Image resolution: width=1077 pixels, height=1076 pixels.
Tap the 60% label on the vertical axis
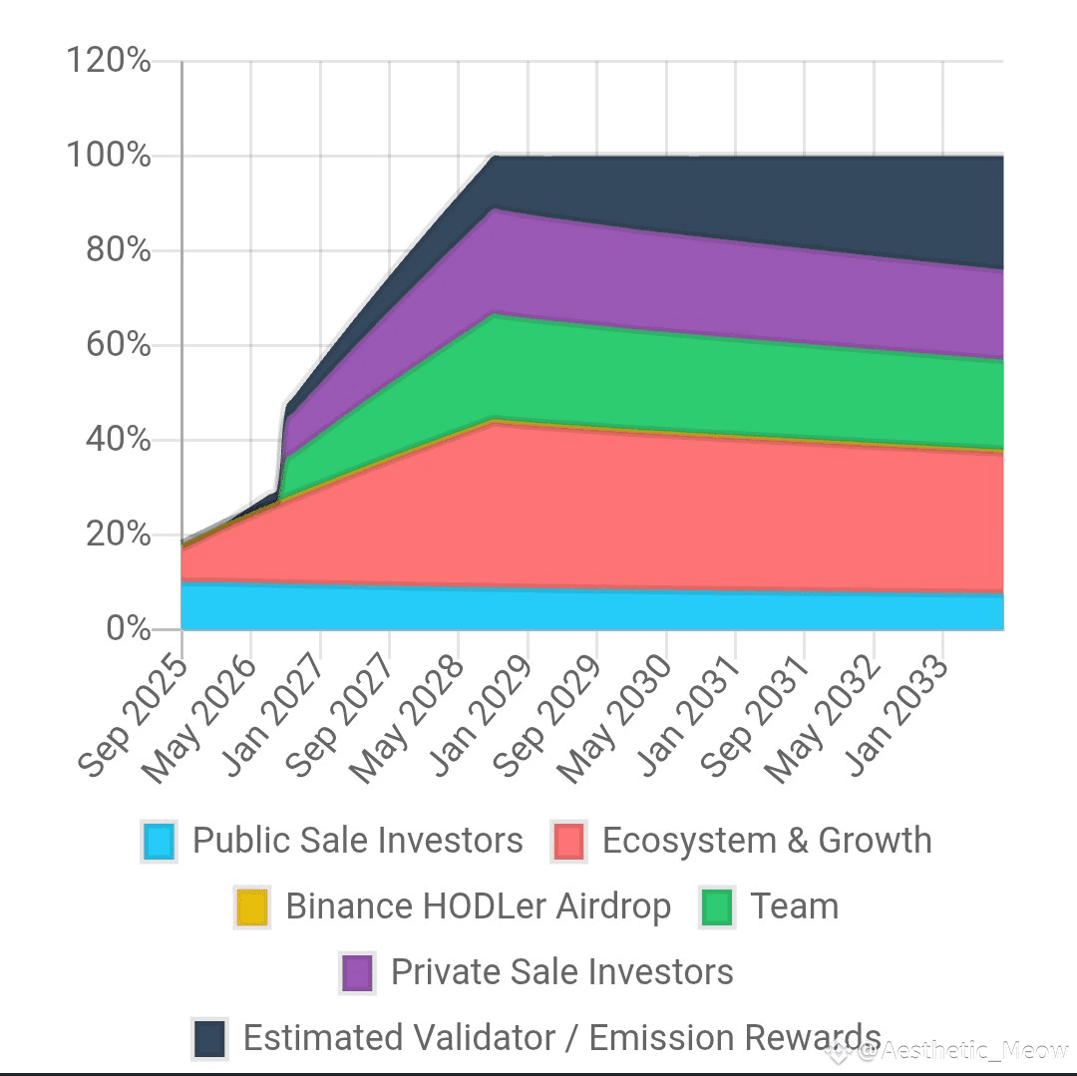click(x=118, y=345)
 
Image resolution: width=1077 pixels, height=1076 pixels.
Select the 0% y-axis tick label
click(x=128, y=629)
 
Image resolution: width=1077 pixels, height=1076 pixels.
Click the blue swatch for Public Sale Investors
click(x=160, y=842)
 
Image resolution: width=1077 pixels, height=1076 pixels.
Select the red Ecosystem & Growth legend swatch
click(x=568, y=842)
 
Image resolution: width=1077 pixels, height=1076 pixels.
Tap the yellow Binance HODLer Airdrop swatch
click(x=251, y=907)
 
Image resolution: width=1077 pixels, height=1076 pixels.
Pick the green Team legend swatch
click(x=717, y=907)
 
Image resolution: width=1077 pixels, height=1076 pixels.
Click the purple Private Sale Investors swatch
click(x=357, y=973)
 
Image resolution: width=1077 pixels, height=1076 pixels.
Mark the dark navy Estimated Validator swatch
click(x=209, y=1038)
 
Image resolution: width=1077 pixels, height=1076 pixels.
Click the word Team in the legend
click(x=794, y=906)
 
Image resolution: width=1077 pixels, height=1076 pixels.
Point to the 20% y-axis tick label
click(x=118, y=535)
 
